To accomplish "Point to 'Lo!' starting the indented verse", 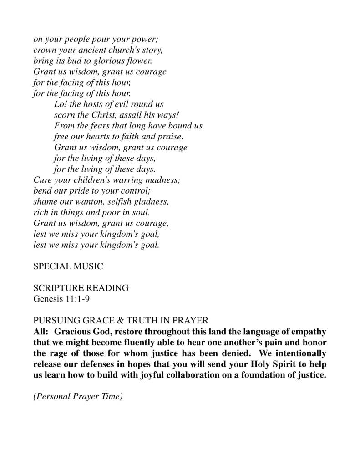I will [60, 104].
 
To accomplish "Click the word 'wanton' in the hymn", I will [90, 202].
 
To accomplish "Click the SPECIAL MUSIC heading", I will [68, 266].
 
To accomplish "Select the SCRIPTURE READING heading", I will [81, 288].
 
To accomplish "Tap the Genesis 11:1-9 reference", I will [62, 299].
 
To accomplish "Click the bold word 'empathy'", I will [309, 332].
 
